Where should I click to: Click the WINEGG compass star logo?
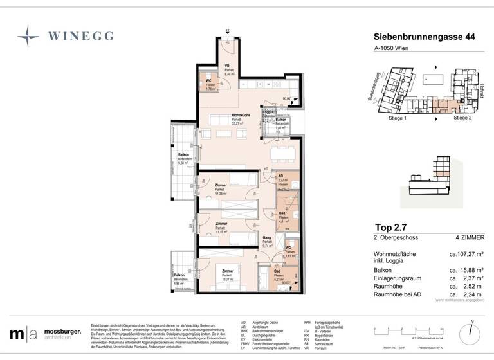[x=28, y=35]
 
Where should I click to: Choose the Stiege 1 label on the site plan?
[x=397, y=118]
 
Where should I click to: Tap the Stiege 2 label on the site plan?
[x=462, y=118]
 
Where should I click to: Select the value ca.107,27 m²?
[x=457, y=254]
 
